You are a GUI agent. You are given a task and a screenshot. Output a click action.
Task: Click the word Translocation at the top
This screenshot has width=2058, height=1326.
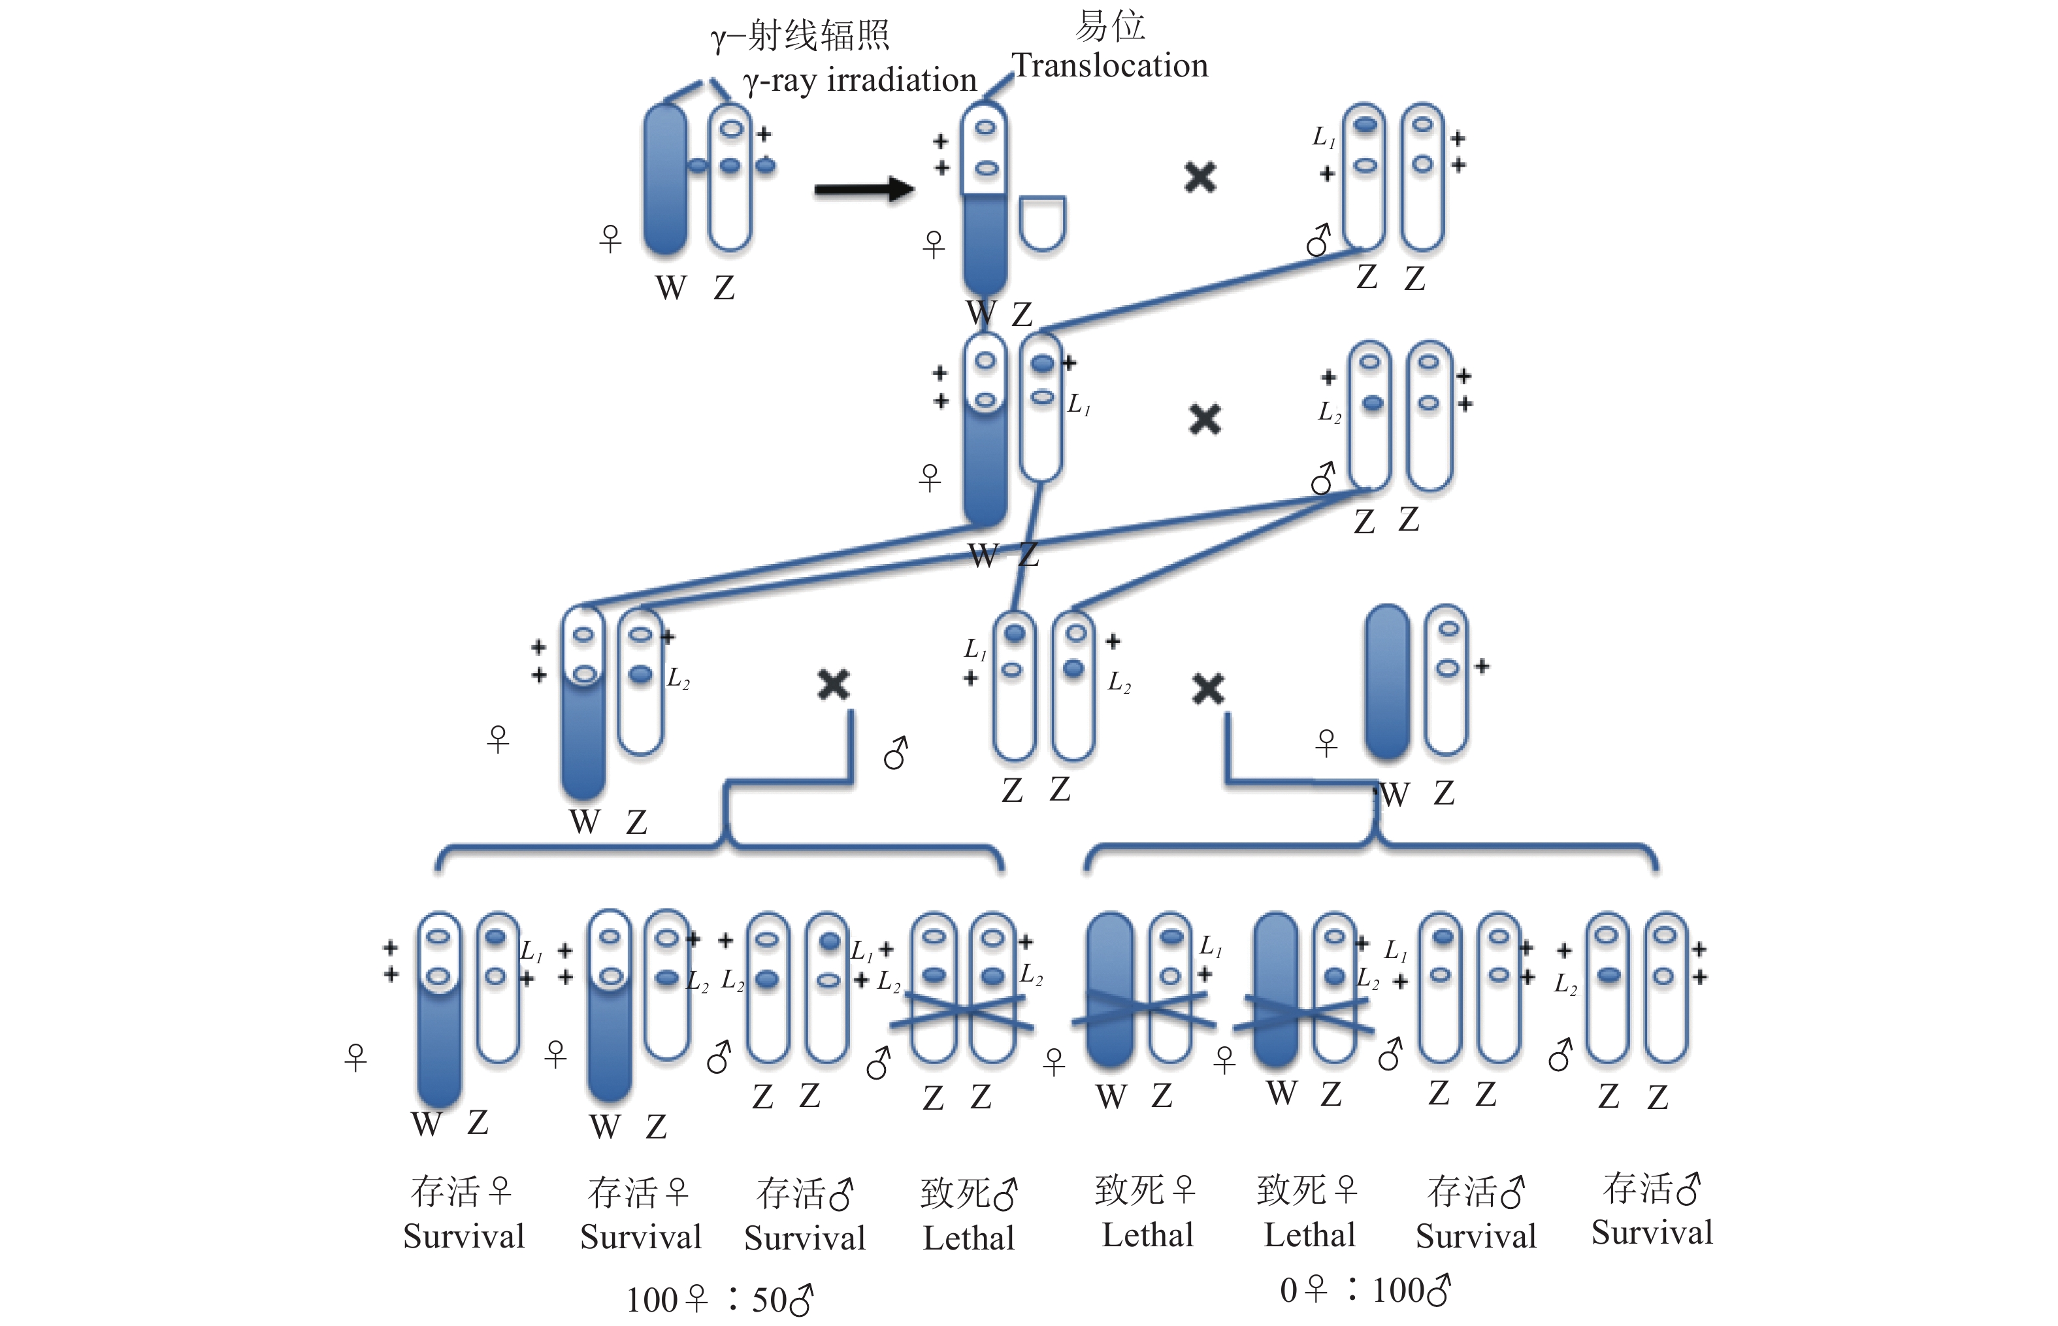[x=1109, y=65]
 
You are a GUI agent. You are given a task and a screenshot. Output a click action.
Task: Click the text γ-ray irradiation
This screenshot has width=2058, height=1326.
[x=859, y=80]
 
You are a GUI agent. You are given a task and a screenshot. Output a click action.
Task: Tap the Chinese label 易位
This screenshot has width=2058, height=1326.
[x=1109, y=26]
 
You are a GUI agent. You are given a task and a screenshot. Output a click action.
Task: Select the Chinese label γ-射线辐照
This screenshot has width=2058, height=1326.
[x=800, y=36]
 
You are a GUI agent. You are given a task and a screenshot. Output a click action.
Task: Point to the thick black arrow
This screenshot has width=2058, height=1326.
[x=863, y=189]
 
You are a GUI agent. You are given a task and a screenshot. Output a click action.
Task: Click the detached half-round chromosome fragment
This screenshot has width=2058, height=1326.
[x=1041, y=222]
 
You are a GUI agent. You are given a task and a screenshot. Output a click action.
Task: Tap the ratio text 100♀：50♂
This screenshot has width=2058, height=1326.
[x=719, y=1299]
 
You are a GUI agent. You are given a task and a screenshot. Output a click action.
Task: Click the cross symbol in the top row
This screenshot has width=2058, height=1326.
[x=1200, y=177]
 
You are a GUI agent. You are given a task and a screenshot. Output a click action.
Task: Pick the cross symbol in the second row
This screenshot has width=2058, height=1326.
[x=1204, y=420]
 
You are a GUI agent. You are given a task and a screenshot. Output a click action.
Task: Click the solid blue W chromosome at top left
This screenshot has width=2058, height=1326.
[x=665, y=179]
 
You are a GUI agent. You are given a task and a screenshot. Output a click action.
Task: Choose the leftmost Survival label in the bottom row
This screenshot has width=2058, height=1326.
[x=463, y=1236]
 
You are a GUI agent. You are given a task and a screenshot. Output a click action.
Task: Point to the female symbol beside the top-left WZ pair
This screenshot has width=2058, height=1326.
[x=610, y=238]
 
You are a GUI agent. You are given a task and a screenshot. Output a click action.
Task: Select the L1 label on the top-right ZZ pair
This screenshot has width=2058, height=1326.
[x=1323, y=136]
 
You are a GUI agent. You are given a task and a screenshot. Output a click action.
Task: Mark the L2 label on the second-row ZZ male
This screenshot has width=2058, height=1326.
[x=1330, y=412]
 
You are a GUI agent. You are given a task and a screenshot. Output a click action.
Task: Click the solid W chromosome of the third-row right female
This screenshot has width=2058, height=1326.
[x=1386, y=681]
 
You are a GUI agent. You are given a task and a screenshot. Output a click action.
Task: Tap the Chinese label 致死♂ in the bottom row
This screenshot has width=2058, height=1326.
[x=968, y=1193]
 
